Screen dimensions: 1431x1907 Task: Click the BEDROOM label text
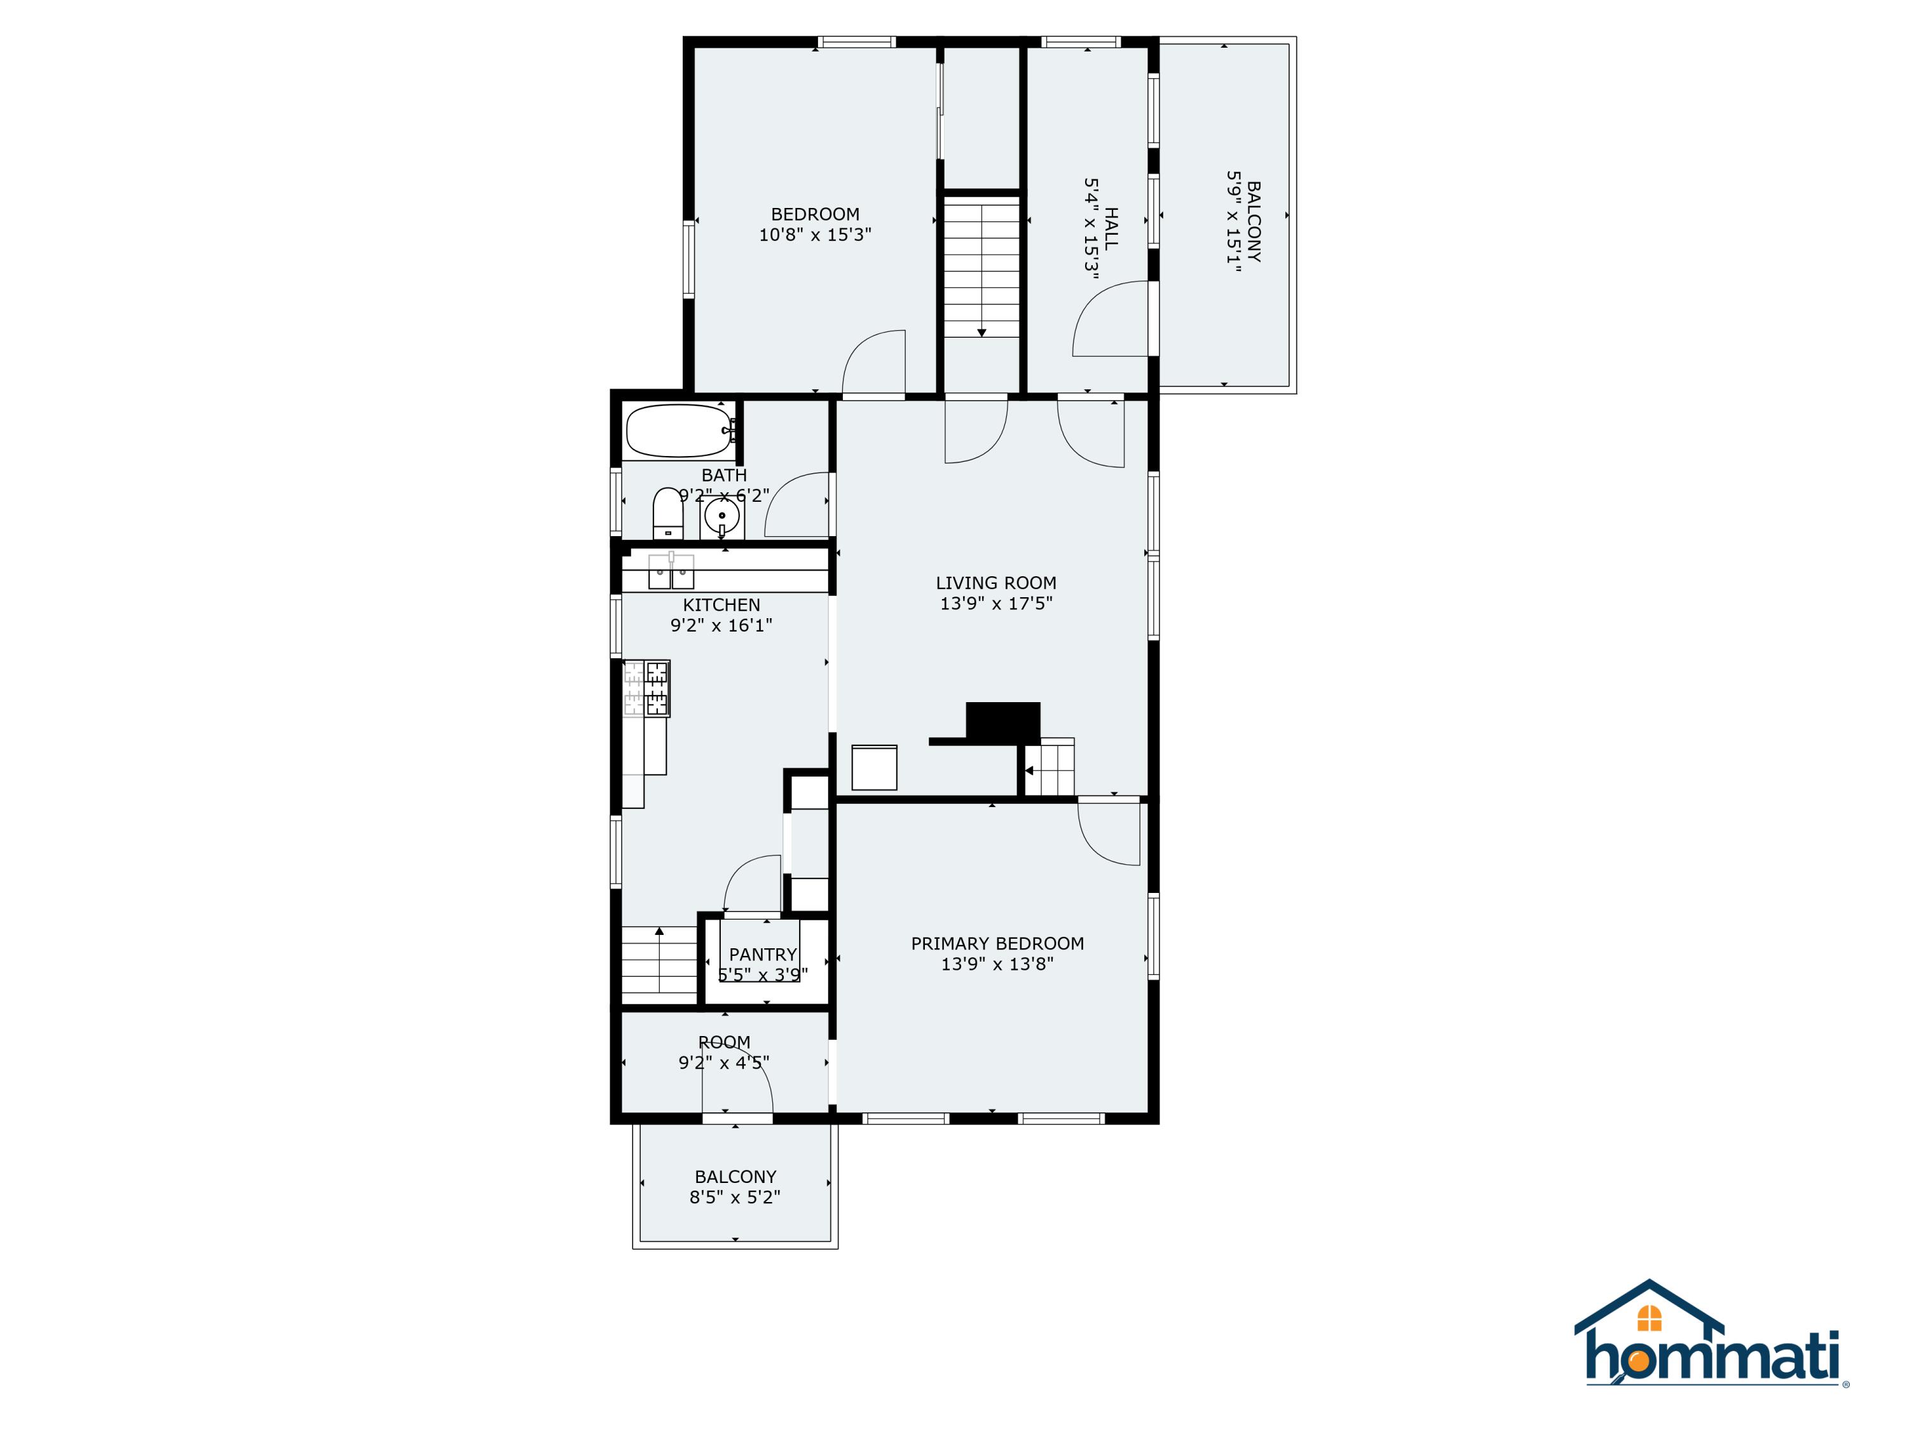[815, 214]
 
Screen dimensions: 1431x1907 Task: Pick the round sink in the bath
[721, 516]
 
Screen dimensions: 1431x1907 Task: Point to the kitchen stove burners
[646, 688]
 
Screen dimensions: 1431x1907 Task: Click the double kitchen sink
[671, 571]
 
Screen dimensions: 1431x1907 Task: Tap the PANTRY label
[762, 954]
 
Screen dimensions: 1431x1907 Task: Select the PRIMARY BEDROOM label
[997, 944]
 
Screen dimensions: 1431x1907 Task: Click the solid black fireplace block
[1002, 721]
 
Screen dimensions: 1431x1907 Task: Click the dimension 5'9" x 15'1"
[1234, 222]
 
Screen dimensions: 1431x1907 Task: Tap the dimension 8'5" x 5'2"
[735, 1197]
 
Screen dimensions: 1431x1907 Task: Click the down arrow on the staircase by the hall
[981, 332]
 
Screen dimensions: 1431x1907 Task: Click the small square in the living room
[873, 767]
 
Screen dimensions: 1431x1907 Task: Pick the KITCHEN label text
[721, 605]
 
